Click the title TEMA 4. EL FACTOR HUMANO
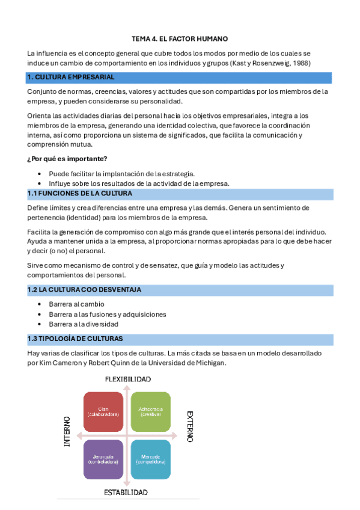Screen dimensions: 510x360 pos(180,38)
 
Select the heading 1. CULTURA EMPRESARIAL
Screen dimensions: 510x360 pos(71,78)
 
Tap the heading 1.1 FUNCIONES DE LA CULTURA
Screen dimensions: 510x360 pos(80,194)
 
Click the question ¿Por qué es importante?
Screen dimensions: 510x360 pos(67,159)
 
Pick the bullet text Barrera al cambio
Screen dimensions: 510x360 pos(76,304)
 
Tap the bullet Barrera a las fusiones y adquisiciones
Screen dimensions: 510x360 pos(108,314)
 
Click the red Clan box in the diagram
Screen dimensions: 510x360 pos(103,412)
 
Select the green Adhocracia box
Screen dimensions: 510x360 pos(150,412)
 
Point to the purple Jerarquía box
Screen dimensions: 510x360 pos(103,459)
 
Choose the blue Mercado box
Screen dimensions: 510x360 pos(150,459)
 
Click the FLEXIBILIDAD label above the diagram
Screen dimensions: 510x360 pos(127,379)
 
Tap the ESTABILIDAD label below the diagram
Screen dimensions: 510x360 pos(126,492)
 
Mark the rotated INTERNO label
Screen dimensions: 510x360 pos(67,431)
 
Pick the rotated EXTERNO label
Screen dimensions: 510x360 pos(190,426)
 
